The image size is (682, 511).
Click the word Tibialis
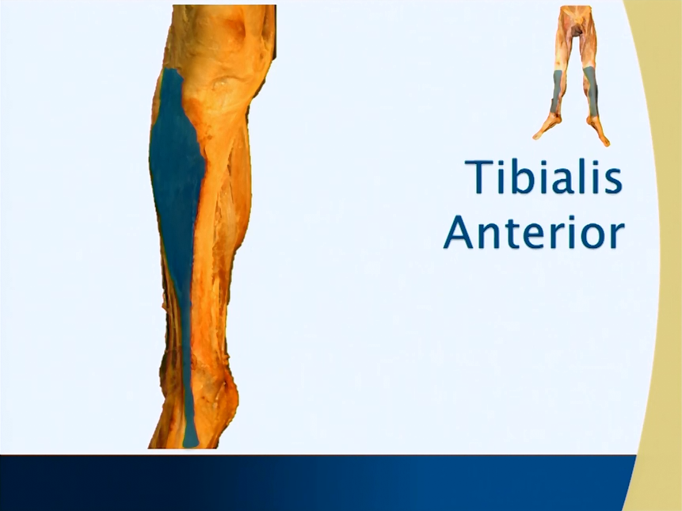tap(543, 177)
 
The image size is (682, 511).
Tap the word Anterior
tap(534, 232)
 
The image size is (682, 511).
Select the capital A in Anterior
tap(459, 232)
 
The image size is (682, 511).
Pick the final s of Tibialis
tap(613, 181)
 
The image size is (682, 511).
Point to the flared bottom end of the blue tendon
tap(190, 437)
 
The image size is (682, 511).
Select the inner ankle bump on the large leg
tap(227, 391)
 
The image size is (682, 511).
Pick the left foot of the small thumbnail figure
tap(547, 126)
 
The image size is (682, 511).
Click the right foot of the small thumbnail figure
tap(599, 130)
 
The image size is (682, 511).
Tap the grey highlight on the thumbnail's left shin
tap(557, 92)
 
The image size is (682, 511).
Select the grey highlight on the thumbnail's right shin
tap(591, 91)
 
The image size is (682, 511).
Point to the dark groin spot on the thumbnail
tap(577, 30)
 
